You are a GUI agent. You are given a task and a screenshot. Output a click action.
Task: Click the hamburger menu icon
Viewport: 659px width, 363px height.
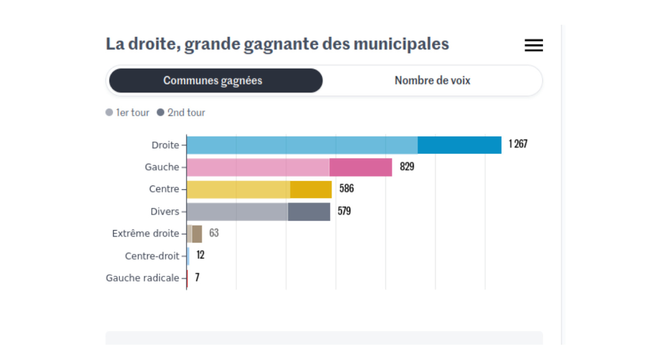coord(533,45)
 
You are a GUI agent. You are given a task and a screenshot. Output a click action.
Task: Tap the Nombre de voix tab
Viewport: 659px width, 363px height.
coord(432,80)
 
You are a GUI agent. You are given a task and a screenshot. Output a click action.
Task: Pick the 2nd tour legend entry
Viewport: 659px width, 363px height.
coord(181,113)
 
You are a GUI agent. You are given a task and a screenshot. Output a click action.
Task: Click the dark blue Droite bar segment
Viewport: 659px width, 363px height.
coord(459,145)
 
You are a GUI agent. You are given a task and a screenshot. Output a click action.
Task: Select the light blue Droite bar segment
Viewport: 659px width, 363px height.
coord(302,145)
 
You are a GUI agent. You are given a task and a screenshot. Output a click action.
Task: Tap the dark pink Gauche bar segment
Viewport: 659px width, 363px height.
coord(360,167)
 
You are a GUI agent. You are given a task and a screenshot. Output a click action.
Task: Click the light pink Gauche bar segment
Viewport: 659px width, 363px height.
coord(258,167)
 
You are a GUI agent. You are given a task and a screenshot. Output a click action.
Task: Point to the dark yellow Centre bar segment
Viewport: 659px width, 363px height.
coord(311,189)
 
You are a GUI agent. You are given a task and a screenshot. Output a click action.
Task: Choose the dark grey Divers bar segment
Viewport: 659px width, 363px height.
coord(309,212)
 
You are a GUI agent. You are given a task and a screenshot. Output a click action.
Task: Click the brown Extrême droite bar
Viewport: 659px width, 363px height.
coord(197,234)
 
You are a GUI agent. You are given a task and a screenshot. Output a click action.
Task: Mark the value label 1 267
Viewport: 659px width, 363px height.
coord(518,144)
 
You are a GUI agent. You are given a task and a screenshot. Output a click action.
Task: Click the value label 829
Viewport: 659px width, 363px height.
coord(407,167)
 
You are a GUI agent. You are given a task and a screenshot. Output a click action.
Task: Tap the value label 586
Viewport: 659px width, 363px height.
coord(346,189)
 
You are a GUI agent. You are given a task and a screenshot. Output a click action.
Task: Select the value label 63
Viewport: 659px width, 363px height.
coord(214,233)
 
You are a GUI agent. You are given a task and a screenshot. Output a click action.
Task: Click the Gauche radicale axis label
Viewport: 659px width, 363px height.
coord(142,278)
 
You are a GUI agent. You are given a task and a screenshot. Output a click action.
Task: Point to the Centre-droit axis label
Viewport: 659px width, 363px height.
coord(152,256)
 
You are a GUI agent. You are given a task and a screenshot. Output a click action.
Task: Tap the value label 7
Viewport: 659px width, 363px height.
coord(197,277)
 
